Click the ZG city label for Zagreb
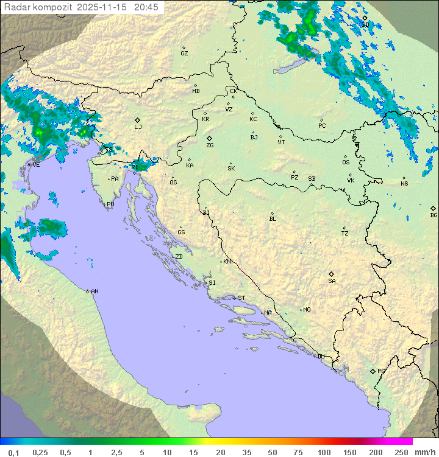(210, 146)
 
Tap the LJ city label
(138, 127)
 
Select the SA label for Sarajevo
(332, 281)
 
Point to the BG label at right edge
(434, 215)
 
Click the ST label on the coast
(241, 298)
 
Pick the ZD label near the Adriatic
(179, 257)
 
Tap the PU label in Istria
(110, 204)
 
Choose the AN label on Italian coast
(95, 291)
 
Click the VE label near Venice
(36, 165)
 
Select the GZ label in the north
(184, 54)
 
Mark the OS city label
(346, 162)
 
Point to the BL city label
(273, 219)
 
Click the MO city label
(307, 310)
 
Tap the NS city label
(404, 184)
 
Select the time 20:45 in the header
(146, 7)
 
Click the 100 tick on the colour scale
(324, 452)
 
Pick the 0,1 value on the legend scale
(14, 452)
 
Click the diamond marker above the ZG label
(210, 139)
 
